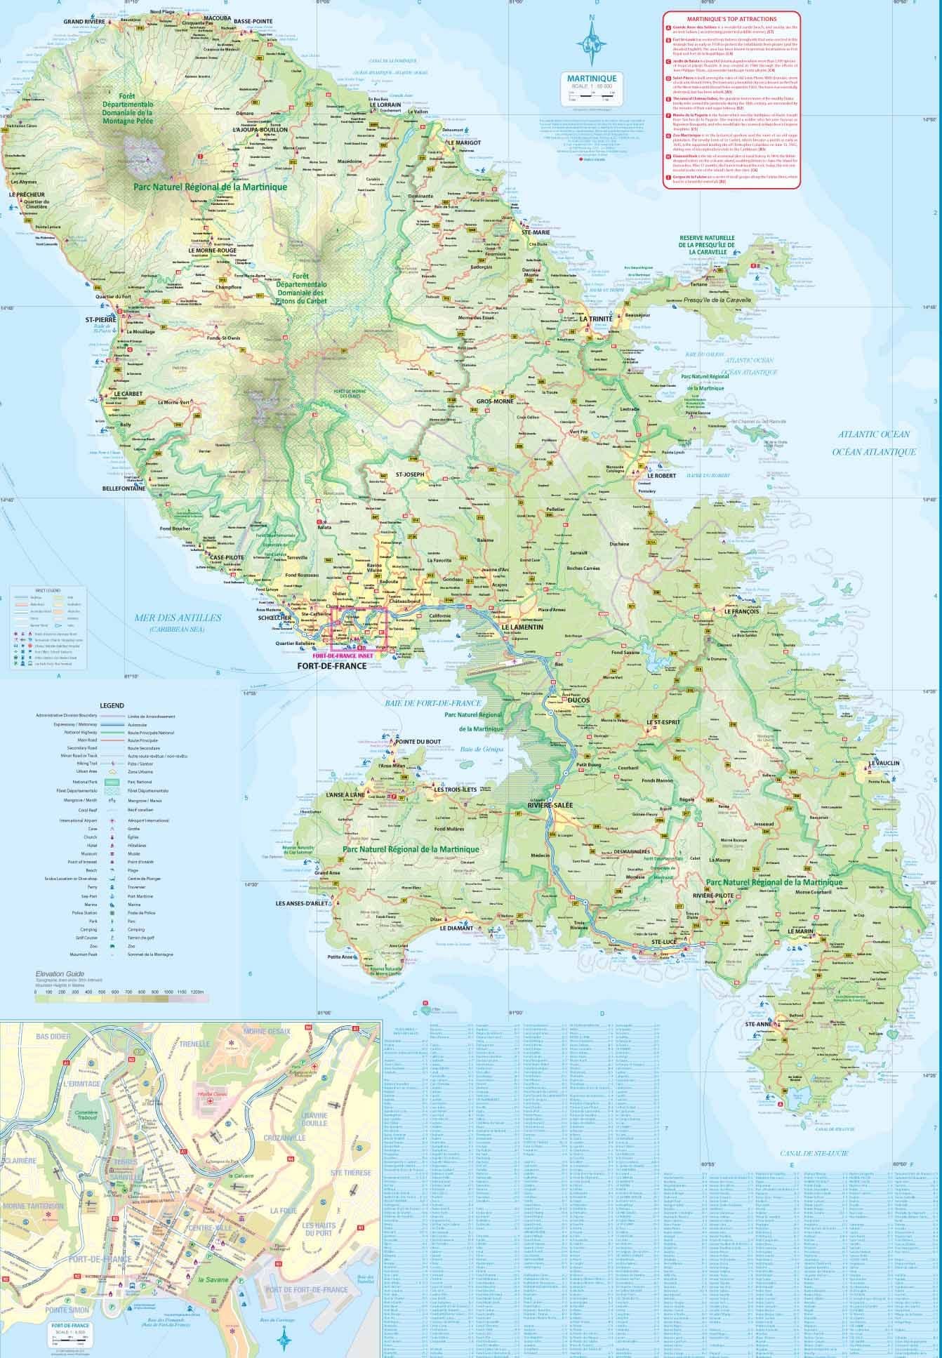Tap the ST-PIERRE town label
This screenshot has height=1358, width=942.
pyautogui.click(x=100, y=319)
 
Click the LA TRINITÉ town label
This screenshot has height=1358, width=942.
pyautogui.click(x=596, y=318)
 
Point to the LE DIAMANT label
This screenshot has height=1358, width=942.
pyautogui.click(x=456, y=928)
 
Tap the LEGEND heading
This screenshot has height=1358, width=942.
pyautogui.click(x=112, y=705)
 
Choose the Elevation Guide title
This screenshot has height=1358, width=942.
pyautogui.click(x=60, y=974)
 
